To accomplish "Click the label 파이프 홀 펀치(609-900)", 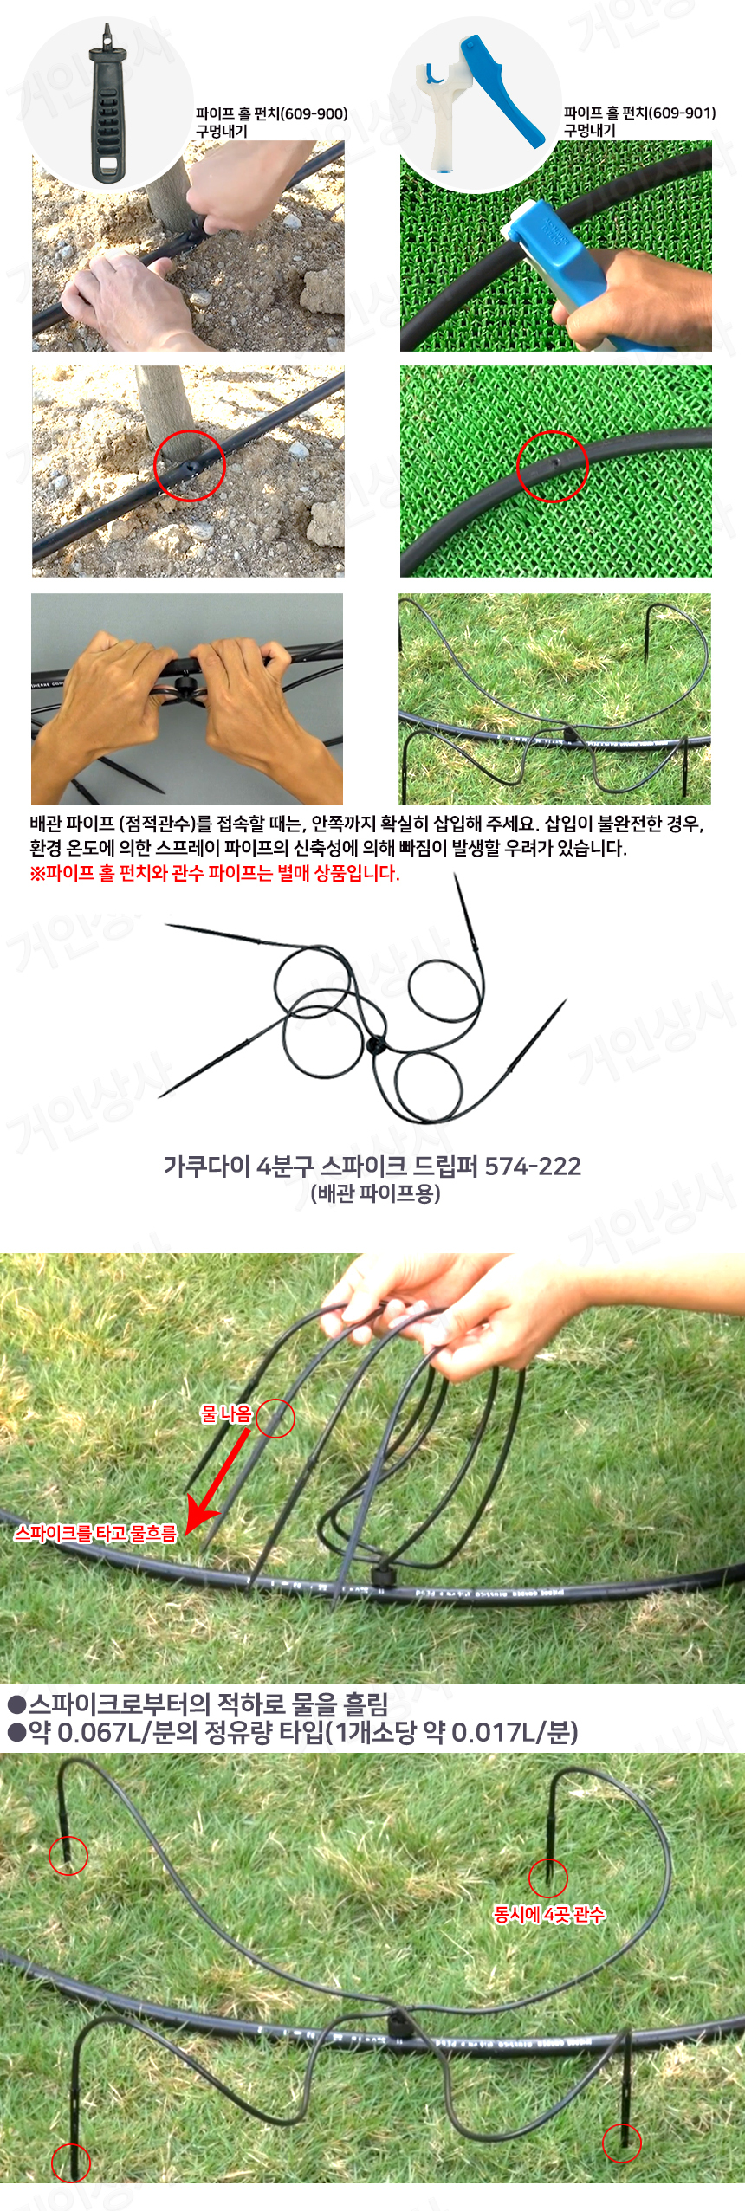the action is tap(271, 113).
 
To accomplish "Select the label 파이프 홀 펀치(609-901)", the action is tap(639, 113).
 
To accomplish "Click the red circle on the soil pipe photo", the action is tap(190, 466).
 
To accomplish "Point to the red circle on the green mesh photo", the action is tap(553, 466).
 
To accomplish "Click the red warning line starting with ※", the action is tap(215, 873).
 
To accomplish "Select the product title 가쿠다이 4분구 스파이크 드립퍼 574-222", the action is tap(372, 1166).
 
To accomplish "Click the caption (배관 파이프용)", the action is tap(375, 1193).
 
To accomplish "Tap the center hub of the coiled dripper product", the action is tap(375, 1044).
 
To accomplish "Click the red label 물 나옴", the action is tap(226, 1414).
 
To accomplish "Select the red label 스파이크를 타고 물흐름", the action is tap(95, 1533).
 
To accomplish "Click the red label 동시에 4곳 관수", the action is tap(549, 1914).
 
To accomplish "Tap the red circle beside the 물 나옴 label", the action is tap(275, 1418).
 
